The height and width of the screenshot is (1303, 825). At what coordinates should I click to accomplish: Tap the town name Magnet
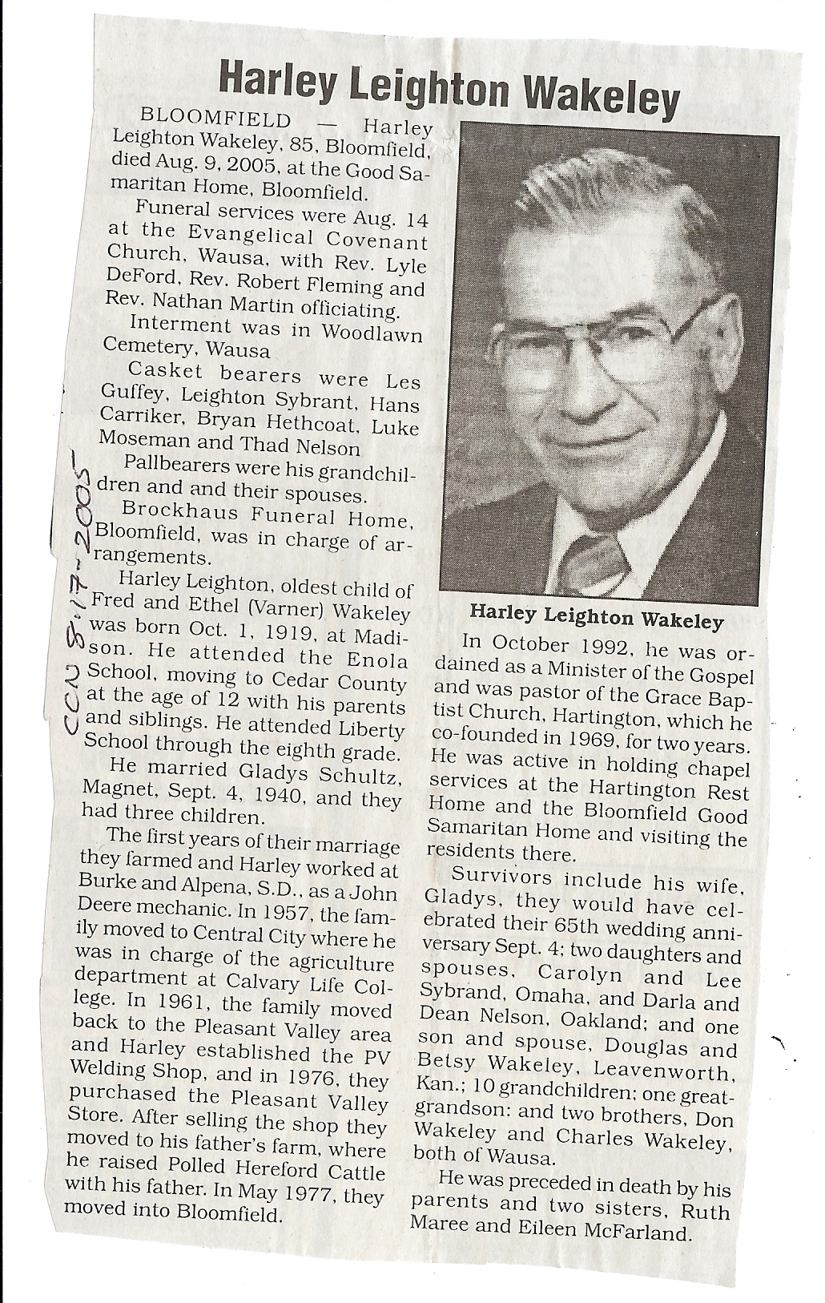(x=112, y=789)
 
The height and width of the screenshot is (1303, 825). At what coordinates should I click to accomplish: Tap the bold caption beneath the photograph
(x=596, y=619)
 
